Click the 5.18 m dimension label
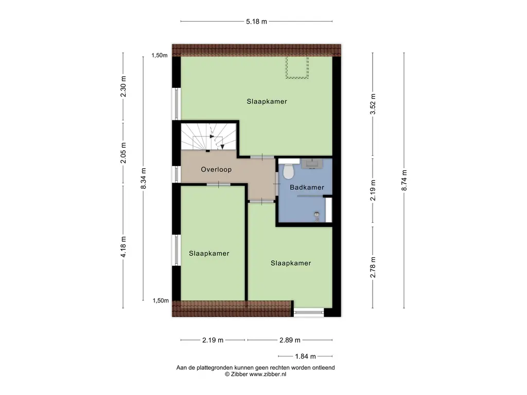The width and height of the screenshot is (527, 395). click(256, 22)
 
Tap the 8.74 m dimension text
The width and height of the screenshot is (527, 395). click(404, 181)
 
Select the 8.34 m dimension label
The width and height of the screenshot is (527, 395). click(143, 178)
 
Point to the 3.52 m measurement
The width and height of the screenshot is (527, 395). click(373, 104)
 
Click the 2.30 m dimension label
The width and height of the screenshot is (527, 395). click(124, 86)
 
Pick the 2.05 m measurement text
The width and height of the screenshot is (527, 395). click(124, 153)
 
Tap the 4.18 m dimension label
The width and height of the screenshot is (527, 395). click(124, 247)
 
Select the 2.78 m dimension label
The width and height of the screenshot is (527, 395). click(373, 267)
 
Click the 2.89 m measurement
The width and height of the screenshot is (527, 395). click(290, 340)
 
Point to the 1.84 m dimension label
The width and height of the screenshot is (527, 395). click(306, 356)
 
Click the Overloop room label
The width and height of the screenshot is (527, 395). click(216, 170)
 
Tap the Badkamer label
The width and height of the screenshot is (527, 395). click(307, 187)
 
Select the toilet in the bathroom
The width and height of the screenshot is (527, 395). click(288, 169)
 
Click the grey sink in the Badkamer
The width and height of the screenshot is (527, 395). click(312, 164)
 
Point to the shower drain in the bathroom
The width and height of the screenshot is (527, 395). click(317, 214)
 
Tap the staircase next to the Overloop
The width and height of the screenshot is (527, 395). click(209, 137)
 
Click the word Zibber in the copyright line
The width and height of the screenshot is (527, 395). click(239, 374)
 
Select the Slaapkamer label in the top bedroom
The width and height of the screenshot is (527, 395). click(267, 101)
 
